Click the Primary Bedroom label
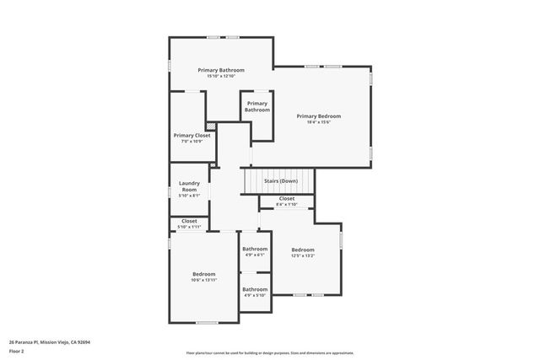(x=319, y=116)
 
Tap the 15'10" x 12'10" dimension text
(x=221, y=77)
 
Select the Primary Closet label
(x=192, y=135)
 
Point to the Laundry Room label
(x=189, y=186)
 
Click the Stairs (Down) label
(x=281, y=180)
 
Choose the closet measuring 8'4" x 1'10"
(x=287, y=198)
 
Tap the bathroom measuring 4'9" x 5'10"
(x=255, y=289)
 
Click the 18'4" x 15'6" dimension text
(x=319, y=122)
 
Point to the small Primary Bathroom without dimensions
(x=257, y=106)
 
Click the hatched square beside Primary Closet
(x=211, y=127)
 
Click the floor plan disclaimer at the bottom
(x=270, y=353)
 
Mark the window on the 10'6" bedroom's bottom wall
(x=207, y=323)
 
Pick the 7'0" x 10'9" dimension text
(x=192, y=141)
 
